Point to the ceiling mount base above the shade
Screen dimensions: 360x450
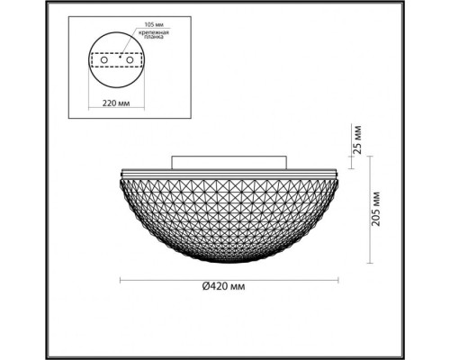(229, 163)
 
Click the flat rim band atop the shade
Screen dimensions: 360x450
(229, 169)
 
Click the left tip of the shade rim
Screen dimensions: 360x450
(122, 171)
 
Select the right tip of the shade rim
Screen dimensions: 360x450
(337, 171)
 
